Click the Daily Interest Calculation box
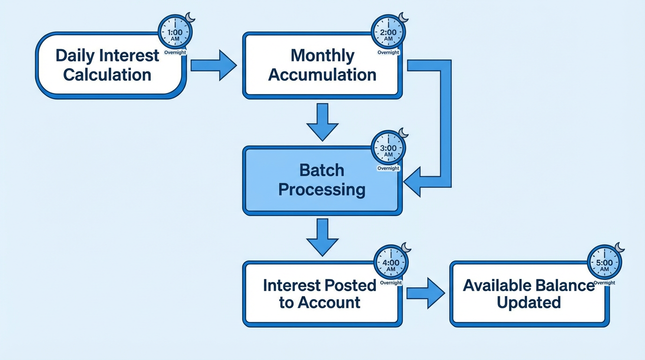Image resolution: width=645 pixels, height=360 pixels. [x=111, y=65]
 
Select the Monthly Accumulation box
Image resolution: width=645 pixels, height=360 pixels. [x=322, y=65]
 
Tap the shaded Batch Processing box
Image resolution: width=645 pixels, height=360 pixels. [x=322, y=180]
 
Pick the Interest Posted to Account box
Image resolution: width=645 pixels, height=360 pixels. [x=322, y=294]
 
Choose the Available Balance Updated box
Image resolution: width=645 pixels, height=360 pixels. [x=529, y=294]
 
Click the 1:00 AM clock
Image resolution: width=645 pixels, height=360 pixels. [x=175, y=32]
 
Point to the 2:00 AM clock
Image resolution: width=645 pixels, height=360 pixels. [x=388, y=32]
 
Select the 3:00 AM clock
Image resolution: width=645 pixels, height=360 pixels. [x=388, y=148]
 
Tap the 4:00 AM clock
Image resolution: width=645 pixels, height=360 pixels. [x=391, y=262]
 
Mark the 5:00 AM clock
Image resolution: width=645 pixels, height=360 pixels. [x=604, y=262]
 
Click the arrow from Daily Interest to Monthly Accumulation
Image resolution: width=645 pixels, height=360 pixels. [x=214, y=65]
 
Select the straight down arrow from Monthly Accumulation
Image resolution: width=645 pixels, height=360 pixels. [x=322, y=122]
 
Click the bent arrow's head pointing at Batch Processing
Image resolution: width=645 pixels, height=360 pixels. [x=412, y=182]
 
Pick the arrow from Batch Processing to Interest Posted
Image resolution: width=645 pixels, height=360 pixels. [x=322, y=237]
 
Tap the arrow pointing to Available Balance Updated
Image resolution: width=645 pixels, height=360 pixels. [x=426, y=293]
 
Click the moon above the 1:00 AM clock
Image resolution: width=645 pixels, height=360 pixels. [x=190, y=17]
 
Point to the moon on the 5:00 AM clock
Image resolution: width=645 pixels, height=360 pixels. [x=619, y=247]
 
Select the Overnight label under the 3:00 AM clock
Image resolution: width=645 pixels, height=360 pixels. [x=388, y=168]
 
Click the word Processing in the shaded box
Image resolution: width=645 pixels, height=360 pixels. [x=322, y=190]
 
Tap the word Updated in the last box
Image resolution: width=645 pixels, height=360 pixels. [x=529, y=302]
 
